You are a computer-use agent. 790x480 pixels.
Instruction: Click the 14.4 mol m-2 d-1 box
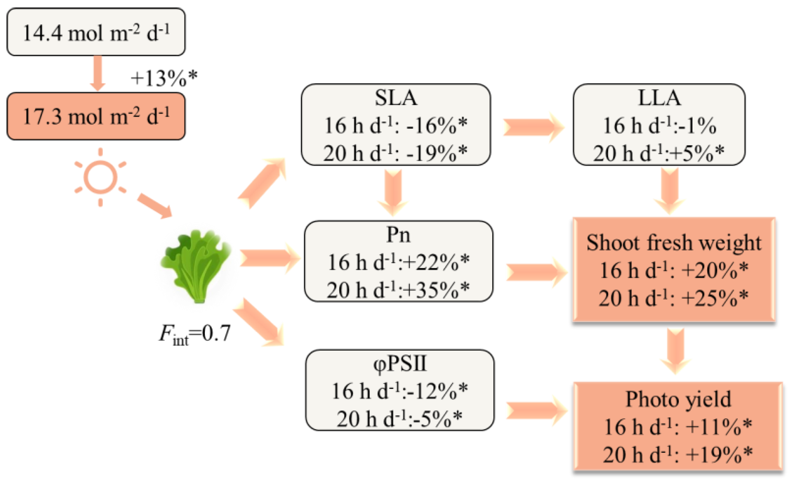pos(96,32)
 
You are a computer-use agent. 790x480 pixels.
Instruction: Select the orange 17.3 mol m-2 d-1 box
pos(96,116)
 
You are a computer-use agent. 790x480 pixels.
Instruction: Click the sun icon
pos(100,177)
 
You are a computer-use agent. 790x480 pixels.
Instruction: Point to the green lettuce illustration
pos(196,266)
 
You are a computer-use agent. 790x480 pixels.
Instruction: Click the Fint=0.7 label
pos(195,334)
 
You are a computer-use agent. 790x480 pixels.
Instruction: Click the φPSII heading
pos(400,363)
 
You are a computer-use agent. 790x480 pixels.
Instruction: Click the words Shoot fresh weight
pos(674,242)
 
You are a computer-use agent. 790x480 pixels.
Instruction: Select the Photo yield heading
pos(678,399)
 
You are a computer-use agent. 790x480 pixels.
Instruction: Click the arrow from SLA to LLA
pos(533,127)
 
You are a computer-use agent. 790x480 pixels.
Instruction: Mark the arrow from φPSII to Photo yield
pos(536,410)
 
